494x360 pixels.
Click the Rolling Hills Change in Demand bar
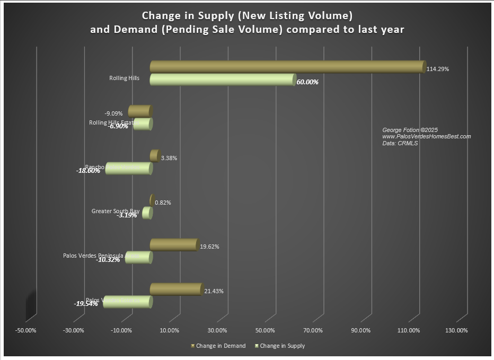(x=286, y=67)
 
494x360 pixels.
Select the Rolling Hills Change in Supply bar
(x=223, y=80)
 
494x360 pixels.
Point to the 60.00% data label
(x=307, y=82)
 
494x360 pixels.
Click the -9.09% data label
(x=113, y=113)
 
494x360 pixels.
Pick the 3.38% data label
(x=169, y=158)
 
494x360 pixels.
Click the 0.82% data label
(x=163, y=203)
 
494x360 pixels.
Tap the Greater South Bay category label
(x=116, y=211)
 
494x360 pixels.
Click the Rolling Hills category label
(x=124, y=78)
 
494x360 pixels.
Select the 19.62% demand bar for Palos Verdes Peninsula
(x=174, y=244)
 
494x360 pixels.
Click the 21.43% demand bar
(x=176, y=289)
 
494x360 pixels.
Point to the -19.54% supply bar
(x=127, y=302)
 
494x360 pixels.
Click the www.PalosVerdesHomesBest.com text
(x=426, y=136)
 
